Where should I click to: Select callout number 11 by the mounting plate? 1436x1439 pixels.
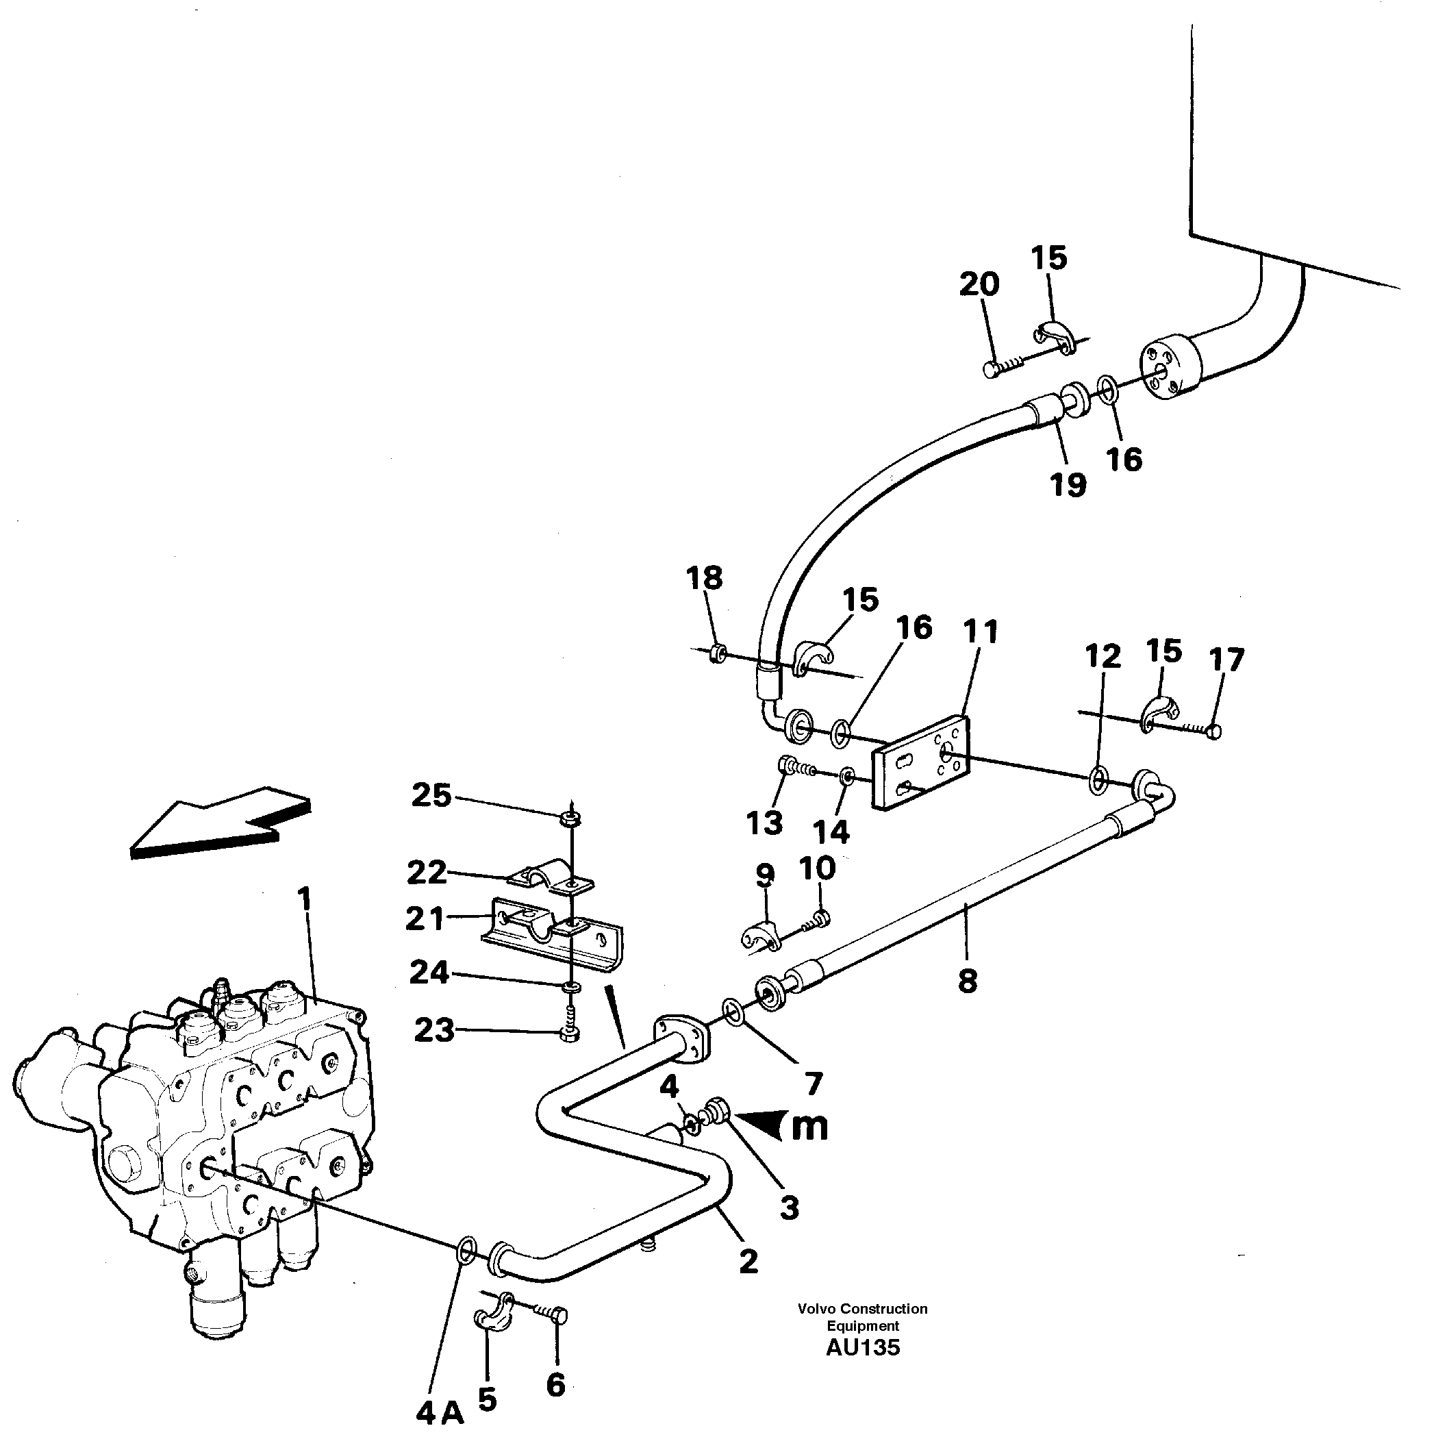point(980,632)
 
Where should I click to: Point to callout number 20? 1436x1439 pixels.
point(979,284)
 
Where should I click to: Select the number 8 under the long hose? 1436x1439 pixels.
point(968,981)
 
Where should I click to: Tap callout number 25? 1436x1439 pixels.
point(432,797)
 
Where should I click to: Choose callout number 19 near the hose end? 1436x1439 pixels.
point(1068,485)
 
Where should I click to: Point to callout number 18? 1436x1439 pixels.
point(705,578)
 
